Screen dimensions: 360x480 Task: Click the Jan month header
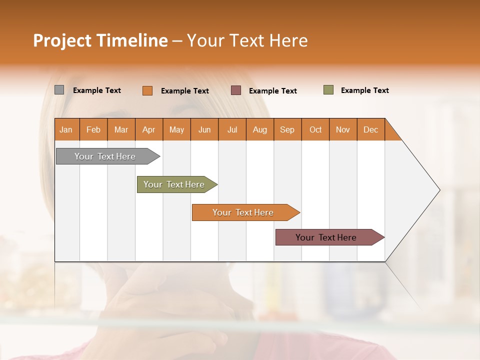pos(66,130)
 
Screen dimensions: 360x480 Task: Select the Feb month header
pos(93,130)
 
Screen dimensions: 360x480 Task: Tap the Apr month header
pos(149,130)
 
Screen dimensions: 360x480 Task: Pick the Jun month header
pos(204,130)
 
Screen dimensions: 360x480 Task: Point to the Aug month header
pos(260,130)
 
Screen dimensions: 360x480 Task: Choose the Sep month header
pos(287,130)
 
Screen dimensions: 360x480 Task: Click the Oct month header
pos(315,130)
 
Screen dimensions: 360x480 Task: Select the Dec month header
pos(371,130)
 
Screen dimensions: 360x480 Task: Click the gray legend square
pos(59,90)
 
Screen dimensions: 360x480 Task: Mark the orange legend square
pos(147,90)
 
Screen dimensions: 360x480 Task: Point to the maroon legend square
pos(236,90)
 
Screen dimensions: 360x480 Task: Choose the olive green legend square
pos(328,90)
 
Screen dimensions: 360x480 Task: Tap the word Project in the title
pos(62,40)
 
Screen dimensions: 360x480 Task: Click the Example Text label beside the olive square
pos(364,90)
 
